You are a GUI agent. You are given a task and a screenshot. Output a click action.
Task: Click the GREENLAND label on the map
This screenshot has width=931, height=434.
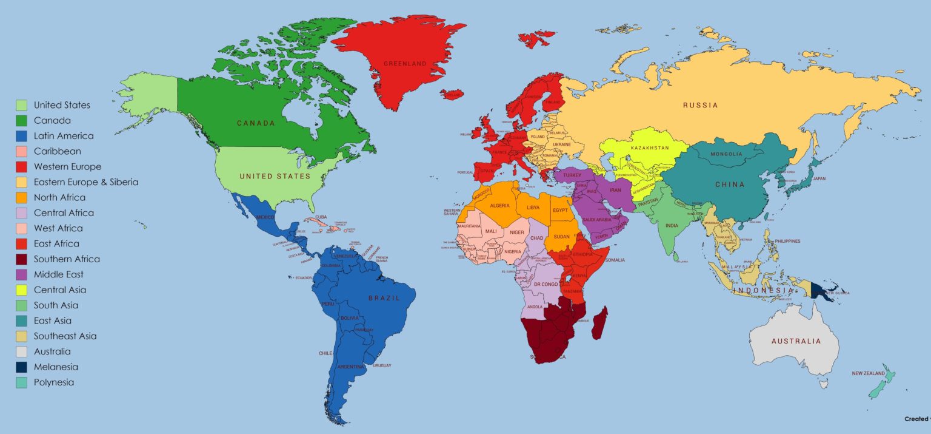[x=405, y=64]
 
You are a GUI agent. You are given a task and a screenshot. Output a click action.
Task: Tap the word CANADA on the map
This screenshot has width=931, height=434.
[x=256, y=123]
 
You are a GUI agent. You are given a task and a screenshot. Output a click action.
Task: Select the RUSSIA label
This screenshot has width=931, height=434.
[x=700, y=106]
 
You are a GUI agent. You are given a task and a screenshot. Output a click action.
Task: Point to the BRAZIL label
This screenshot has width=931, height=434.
[x=384, y=298]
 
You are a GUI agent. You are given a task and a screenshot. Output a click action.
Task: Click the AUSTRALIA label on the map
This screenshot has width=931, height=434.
[x=796, y=341]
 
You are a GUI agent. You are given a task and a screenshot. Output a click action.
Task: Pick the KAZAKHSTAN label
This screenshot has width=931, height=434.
[x=649, y=148]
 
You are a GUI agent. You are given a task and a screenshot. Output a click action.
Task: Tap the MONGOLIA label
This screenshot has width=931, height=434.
[x=726, y=154]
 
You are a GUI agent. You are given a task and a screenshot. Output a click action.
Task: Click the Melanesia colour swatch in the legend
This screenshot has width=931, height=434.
[x=22, y=367]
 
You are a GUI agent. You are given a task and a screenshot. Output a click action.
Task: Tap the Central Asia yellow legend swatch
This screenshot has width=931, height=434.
[x=22, y=290]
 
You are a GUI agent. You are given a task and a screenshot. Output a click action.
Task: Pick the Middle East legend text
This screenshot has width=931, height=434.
[x=59, y=274]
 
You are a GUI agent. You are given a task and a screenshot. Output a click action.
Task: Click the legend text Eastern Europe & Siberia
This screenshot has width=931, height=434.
[x=86, y=182]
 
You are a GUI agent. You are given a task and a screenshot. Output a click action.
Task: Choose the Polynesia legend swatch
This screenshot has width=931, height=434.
[x=22, y=382]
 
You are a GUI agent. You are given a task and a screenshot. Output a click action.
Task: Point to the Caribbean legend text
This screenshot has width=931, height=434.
[x=57, y=151]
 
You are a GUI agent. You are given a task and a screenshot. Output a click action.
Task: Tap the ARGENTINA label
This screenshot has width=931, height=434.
[x=350, y=367]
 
